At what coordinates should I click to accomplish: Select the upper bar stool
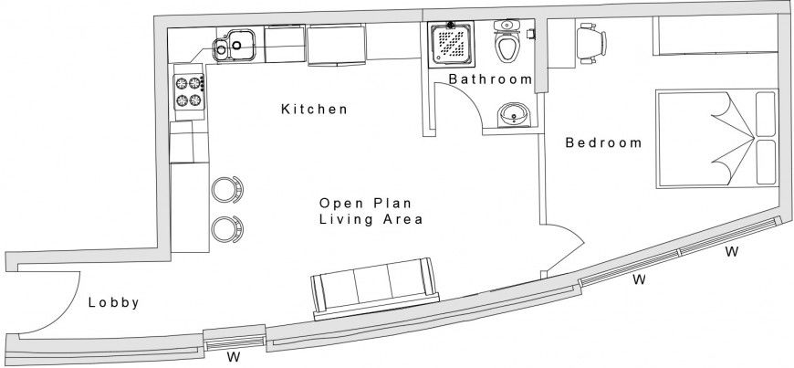[227, 189]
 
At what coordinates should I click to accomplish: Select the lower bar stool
[227, 228]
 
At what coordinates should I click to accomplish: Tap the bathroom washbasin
[513, 115]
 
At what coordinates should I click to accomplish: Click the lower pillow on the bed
[764, 161]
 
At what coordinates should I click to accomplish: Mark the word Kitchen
[314, 110]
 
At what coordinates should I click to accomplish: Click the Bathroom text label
[490, 79]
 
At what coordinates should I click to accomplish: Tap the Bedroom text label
[603, 142]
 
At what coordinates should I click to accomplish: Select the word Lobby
[113, 303]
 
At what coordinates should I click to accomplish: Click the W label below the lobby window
[233, 357]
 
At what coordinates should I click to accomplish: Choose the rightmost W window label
[731, 251]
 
